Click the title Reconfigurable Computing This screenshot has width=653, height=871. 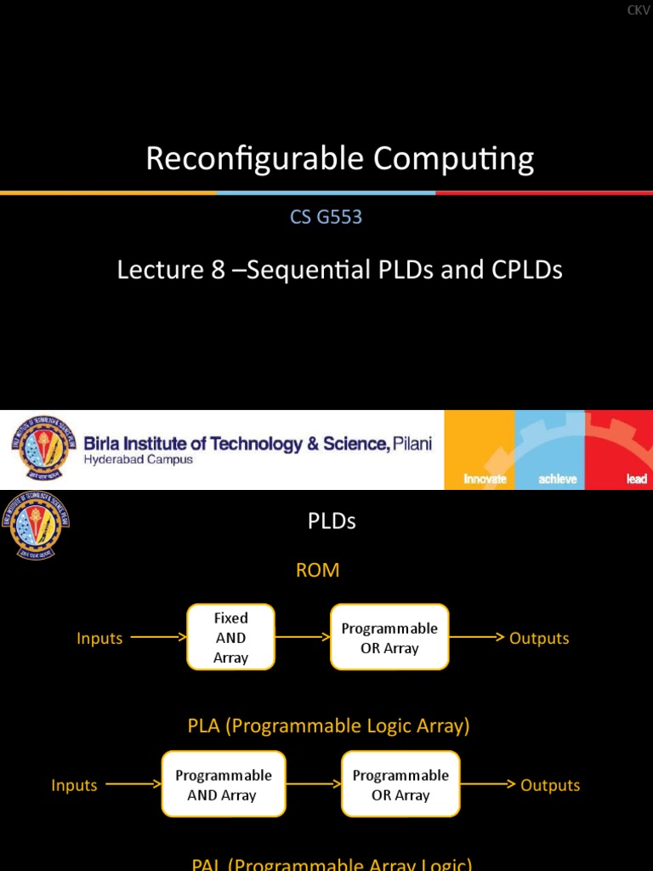coord(339,159)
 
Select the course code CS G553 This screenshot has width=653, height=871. coord(326,217)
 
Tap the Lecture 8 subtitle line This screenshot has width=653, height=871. coord(339,270)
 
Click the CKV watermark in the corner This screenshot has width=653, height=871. coord(638,9)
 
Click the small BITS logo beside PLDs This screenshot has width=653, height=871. coord(35,524)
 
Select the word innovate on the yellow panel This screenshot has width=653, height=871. coord(485,479)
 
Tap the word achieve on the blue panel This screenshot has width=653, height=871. coord(557,479)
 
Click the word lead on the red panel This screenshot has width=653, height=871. coord(636,479)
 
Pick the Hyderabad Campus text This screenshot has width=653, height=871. coord(138,459)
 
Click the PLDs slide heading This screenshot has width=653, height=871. coord(332,521)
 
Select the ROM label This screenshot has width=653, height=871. coord(317,570)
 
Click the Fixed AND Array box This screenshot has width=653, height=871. coord(230,637)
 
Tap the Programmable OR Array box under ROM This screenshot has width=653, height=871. coord(389,638)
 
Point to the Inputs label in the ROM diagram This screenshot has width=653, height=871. coord(99,638)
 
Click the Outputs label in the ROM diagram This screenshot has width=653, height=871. coord(539,638)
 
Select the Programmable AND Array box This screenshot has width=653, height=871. coord(223,785)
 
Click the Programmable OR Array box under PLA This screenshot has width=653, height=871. coord(400,785)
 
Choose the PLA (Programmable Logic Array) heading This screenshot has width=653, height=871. coord(328,726)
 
